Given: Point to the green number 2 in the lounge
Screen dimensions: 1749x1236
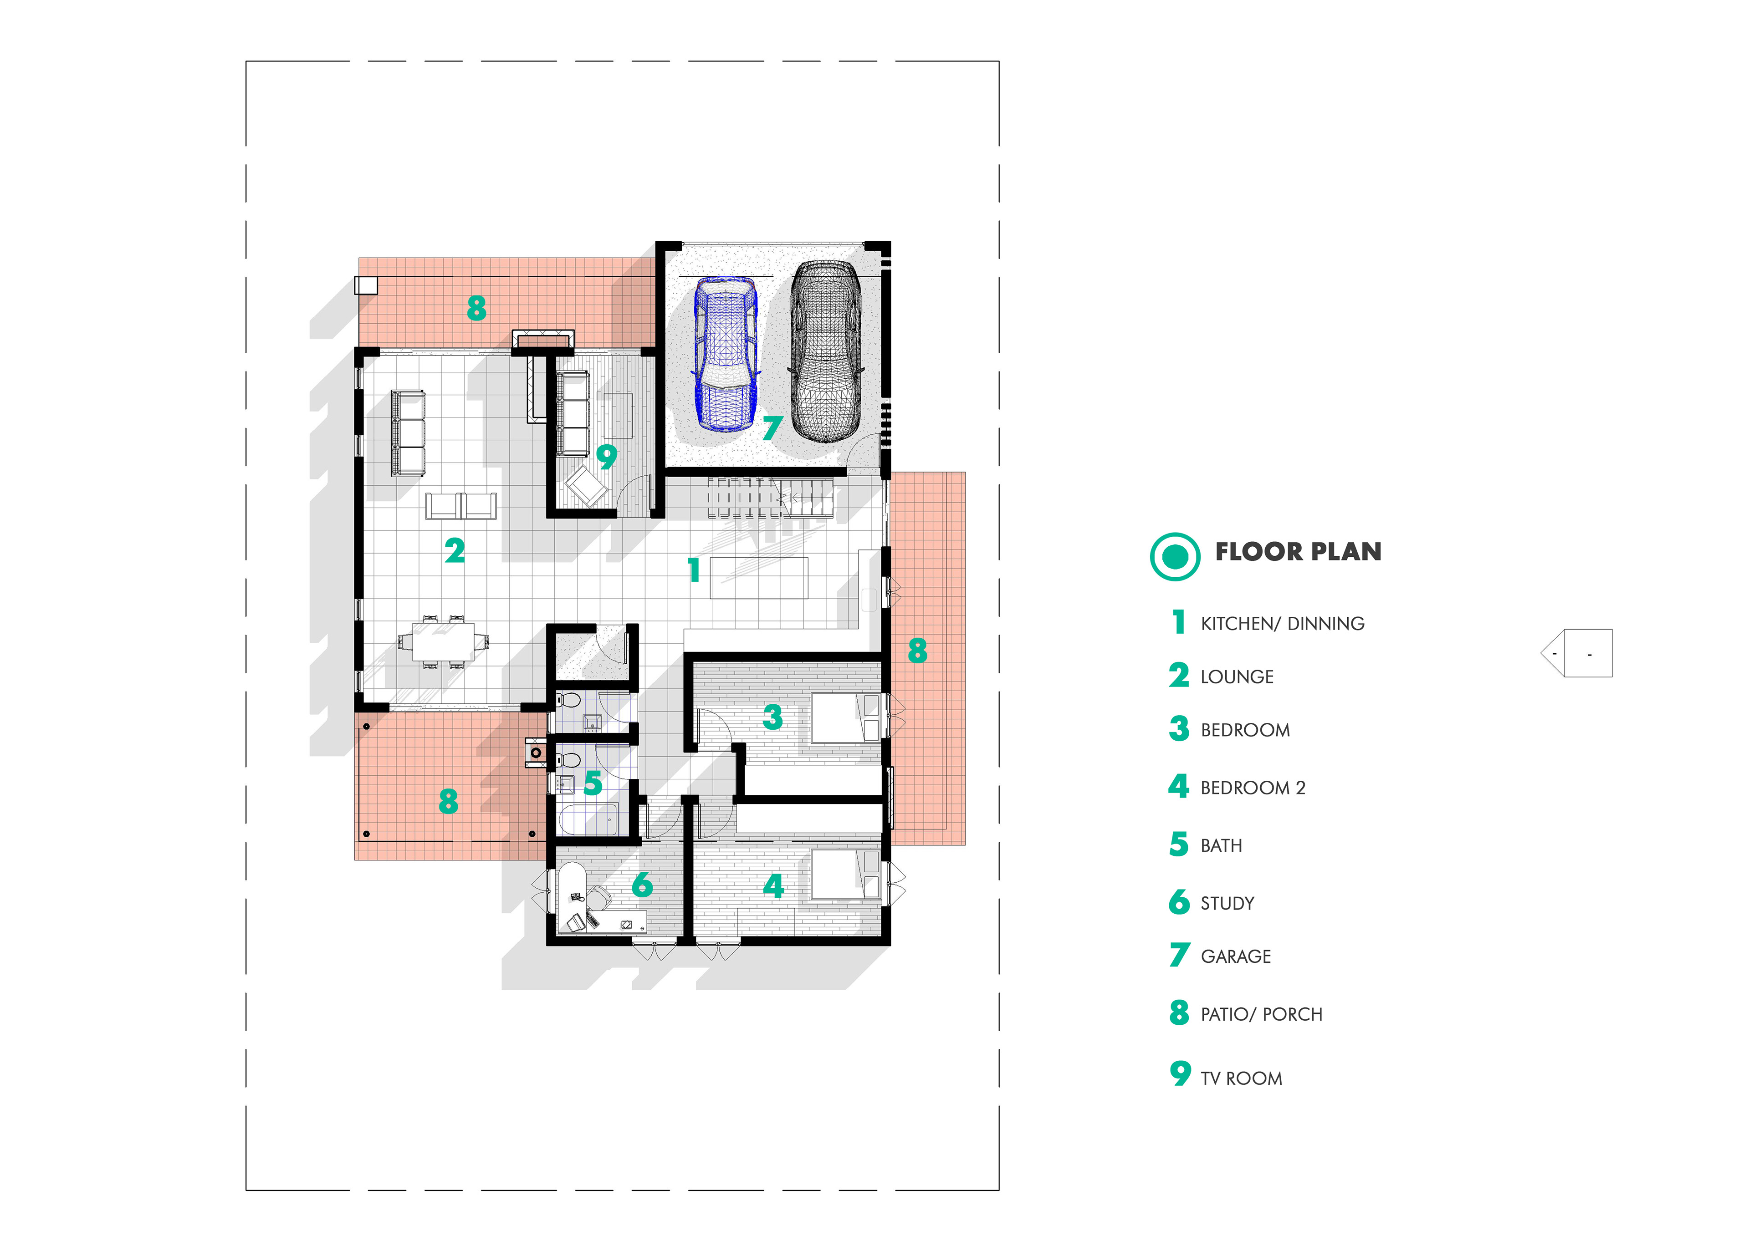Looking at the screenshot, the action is pos(455,550).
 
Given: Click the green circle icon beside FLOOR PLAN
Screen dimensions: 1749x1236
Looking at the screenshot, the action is pos(1175,557).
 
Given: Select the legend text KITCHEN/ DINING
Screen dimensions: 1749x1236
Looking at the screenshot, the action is pos(1283,624).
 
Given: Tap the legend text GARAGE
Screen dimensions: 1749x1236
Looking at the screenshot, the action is pos(1236,956).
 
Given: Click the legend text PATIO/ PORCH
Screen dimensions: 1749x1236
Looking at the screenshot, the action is pos(1262,1014).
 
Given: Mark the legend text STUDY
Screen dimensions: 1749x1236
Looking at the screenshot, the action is pos(1227,903).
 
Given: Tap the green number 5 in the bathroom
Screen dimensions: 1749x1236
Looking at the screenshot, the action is pos(593,783).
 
